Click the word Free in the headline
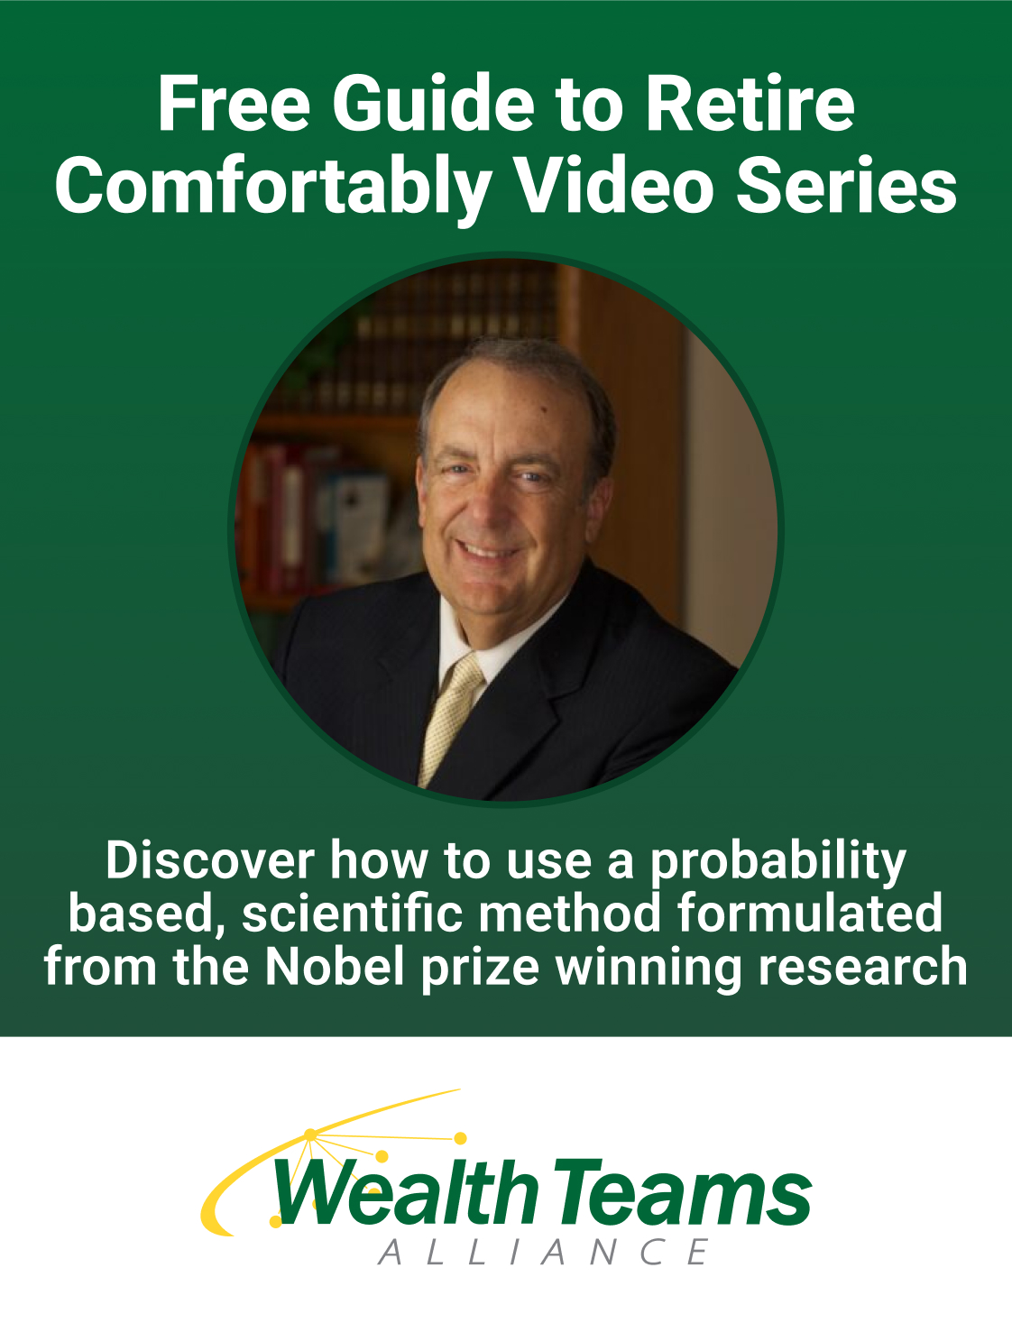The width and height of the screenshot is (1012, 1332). pyautogui.click(x=235, y=103)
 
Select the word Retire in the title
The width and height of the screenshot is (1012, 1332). pyautogui.click(x=750, y=103)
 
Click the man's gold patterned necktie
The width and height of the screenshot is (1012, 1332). pyautogui.click(x=449, y=718)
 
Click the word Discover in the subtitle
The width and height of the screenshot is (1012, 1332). pyautogui.click(x=210, y=859)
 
